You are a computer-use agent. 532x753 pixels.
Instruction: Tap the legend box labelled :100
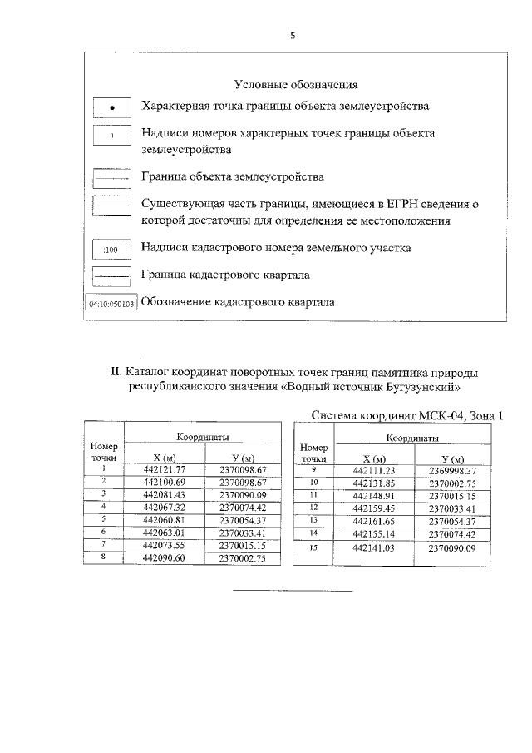111,249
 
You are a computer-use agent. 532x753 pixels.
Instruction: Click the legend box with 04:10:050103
111,304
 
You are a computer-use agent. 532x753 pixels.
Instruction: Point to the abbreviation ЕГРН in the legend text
379,203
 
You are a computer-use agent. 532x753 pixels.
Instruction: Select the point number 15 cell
314,547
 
